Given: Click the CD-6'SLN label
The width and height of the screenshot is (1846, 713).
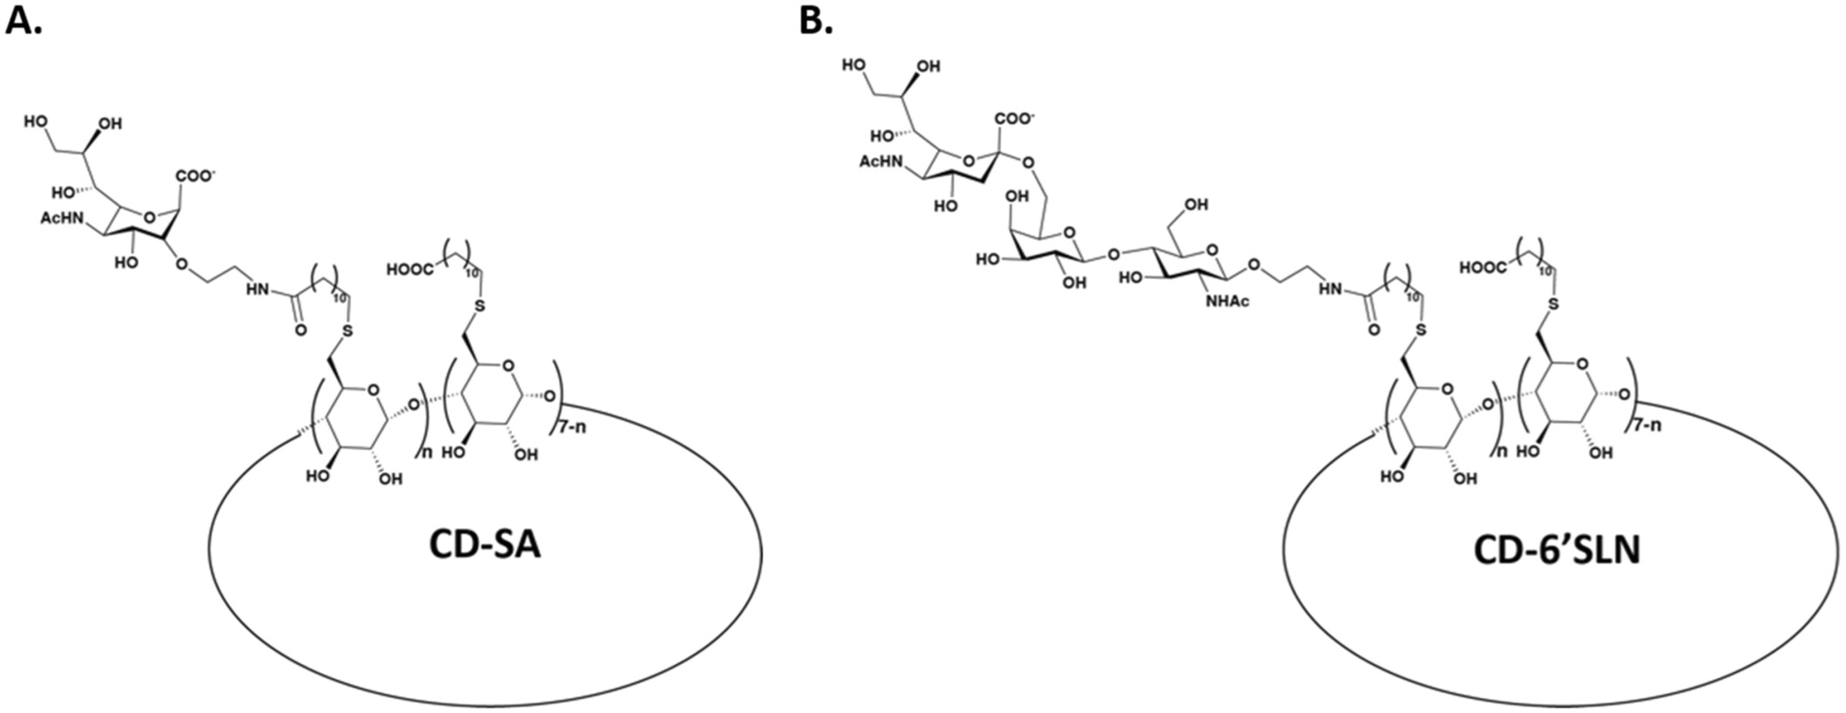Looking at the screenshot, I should click(x=1557, y=550).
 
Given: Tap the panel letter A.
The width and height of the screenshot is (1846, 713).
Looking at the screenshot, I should click(x=24, y=21).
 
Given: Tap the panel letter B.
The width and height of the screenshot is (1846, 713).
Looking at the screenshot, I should click(x=816, y=21).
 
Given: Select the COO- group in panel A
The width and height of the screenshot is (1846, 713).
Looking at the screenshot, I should click(x=196, y=176).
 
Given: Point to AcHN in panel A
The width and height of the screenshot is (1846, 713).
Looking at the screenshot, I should click(x=60, y=218).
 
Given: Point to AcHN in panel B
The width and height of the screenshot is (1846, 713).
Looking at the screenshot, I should click(x=879, y=162).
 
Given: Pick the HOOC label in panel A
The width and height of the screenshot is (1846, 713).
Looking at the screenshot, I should click(x=410, y=270).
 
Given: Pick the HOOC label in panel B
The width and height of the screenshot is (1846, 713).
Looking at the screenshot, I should click(x=1483, y=268).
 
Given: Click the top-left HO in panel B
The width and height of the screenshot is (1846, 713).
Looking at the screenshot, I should click(x=855, y=65).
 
